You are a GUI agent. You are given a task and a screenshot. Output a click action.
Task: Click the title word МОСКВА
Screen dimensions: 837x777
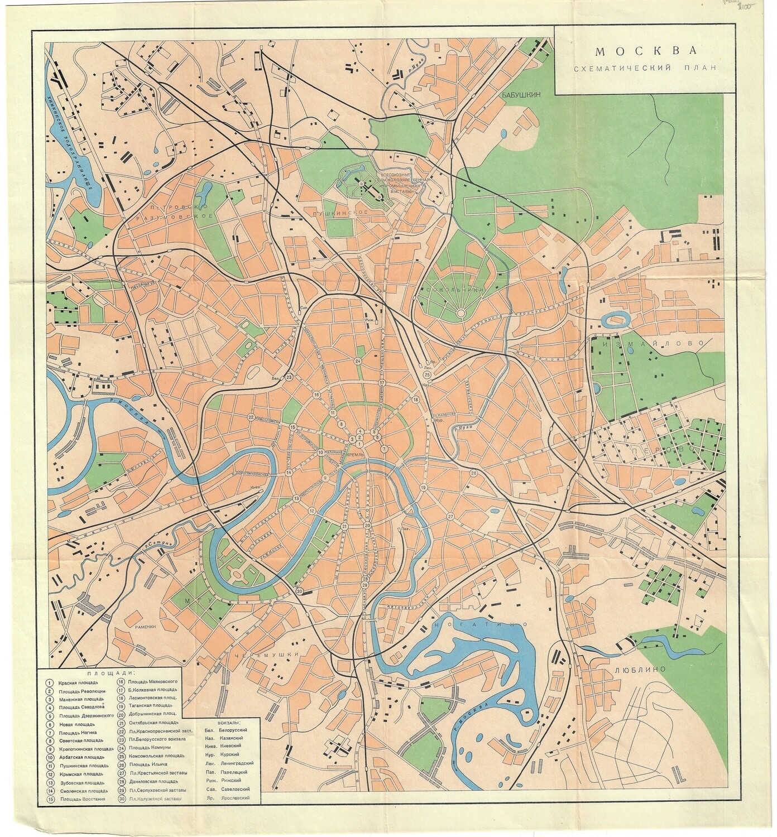(647, 51)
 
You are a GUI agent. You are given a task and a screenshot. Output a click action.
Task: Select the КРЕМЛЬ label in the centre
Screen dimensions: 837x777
(355, 455)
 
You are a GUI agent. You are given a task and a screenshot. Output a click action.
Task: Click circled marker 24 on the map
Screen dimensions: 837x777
(358, 362)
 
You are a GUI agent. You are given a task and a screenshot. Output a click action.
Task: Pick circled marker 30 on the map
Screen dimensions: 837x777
(299, 591)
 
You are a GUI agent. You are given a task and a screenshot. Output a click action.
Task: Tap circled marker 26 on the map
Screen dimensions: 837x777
(473, 473)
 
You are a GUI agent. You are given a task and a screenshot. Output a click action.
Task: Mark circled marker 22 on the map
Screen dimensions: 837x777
(251, 417)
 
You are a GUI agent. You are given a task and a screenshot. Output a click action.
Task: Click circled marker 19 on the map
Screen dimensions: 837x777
(424, 488)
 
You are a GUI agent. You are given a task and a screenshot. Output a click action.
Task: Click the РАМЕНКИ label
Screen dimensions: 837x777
(145, 627)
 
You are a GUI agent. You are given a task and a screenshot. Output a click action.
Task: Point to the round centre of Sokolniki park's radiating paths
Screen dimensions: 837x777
(461, 315)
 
